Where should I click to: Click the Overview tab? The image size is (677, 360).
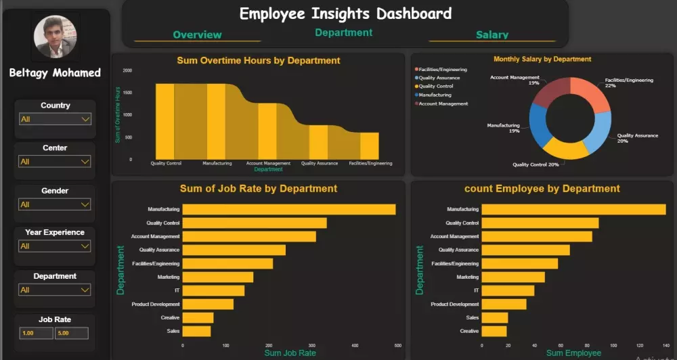click(x=197, y=35)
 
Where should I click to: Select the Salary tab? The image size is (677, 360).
click(x=492, y=35)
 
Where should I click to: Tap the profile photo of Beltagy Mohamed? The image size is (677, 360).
click(x=56, y=37)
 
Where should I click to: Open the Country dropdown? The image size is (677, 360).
click(x=55, y=119)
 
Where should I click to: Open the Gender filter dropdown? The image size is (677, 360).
click(x=55, y=204)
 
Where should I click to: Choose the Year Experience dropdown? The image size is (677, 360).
click(x=55, y=246)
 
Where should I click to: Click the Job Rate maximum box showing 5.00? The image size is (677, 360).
click(x=71, y=333)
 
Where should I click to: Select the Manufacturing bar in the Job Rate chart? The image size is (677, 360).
click(x=289, y=210)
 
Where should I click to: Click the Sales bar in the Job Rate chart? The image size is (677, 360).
click(x=196, y=332)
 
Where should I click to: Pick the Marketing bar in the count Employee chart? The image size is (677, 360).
click(x=513, y=277)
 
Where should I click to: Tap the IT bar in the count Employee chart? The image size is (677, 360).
click(x=508, y=290)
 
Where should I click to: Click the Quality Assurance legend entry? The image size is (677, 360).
click(x=439, y=78)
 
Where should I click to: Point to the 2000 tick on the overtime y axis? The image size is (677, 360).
click(x=127, y=70)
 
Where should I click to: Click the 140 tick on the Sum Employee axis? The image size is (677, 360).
click(x=665, y=345)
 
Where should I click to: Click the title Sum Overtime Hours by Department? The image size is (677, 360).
click(x=258, y=60)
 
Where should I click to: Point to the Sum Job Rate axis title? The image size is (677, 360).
click(x=289, y=353)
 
